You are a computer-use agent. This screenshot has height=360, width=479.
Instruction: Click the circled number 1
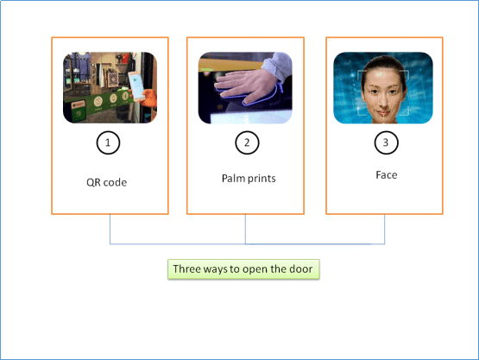point(108,142)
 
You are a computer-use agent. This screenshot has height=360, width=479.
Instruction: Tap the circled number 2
point(247,142)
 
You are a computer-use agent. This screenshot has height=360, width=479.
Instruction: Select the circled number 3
point(386,142)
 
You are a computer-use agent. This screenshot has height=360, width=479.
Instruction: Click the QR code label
point(107,182)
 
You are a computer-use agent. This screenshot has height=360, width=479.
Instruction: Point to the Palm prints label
point(249,179)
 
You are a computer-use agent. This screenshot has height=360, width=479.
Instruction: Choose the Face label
point(387,175)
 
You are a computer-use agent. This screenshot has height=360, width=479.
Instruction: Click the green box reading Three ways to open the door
point(243,269)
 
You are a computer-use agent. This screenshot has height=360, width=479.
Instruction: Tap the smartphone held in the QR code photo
point(136,86)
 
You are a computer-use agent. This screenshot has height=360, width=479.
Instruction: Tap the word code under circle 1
point(115,182)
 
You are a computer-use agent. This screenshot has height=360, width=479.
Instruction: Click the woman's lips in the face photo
point(383,113)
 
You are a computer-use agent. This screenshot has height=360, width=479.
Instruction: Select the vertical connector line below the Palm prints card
point(245,229)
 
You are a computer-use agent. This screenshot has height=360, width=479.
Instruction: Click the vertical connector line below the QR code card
point(110,229)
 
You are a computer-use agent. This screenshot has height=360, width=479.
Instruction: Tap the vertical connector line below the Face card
point(384,229)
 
